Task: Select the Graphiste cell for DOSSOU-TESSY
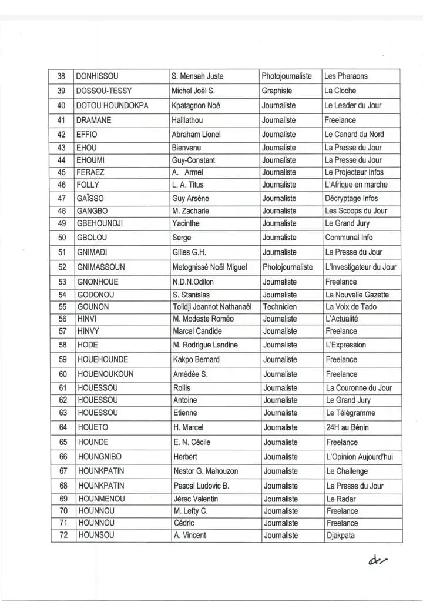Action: (x=277, y=91)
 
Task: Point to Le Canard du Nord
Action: (x=354, y=134)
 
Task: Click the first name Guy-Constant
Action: (x=193, y=160)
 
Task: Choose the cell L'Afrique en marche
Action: (x=356, y=185)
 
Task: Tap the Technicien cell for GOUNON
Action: (x=280, y=307)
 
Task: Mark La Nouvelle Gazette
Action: (x=357, y=295)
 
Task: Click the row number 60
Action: (x=63, y=374)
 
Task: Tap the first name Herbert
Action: (x=185, y=457)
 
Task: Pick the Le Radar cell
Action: (x=341, y=499)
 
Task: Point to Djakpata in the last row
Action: (x=341, y=536)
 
